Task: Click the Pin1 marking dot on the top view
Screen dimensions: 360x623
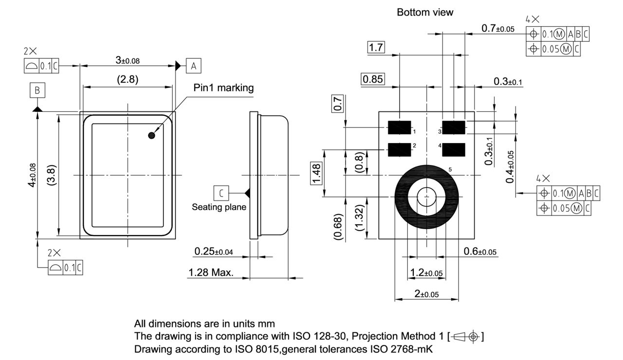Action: point(152,136)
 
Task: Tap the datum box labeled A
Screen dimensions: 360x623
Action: point(193,65)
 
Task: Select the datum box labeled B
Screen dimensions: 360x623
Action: point(37,90)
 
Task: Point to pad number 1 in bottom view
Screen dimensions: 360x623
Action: point(400,127)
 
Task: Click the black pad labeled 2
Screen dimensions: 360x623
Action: point(400,150)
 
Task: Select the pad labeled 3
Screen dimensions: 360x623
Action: point(454,127)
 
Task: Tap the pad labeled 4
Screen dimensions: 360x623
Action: point(454,150)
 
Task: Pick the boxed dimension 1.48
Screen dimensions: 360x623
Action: point(317,174)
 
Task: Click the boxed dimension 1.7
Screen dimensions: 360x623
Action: point(376,47)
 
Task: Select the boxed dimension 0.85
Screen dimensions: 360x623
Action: point(373,79)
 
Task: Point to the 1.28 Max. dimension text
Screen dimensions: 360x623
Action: point(211,272)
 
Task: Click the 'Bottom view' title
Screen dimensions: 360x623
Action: point(424,13)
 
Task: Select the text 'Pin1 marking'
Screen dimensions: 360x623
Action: point(223,88)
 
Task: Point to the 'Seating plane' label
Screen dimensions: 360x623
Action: point(219,207)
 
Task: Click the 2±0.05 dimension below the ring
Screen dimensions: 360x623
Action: point(427,294)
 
